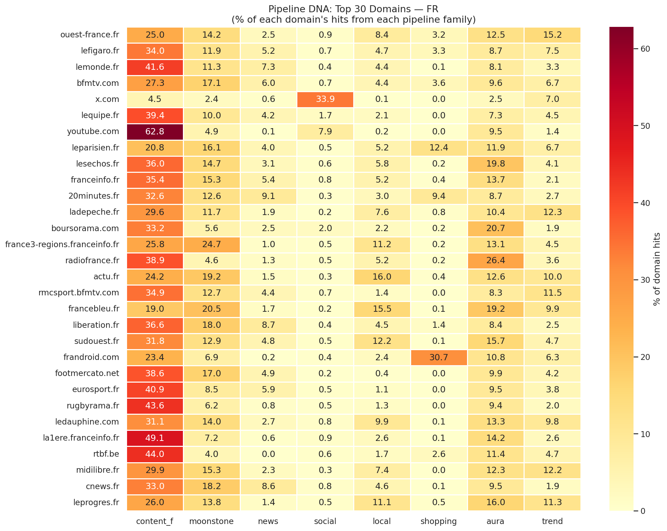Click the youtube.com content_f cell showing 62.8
155,132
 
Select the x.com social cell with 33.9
325,99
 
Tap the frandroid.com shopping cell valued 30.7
439,357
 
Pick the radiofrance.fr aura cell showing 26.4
495,261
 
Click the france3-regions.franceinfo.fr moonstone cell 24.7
212,244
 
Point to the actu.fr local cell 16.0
382,277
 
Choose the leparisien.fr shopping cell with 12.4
439,148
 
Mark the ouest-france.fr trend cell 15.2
552,35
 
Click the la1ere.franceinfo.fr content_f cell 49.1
155,438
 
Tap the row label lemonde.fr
97,67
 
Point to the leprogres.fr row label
96,502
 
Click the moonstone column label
212,521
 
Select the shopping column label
439,521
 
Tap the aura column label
495,521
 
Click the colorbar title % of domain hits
657,269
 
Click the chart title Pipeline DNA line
353,9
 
